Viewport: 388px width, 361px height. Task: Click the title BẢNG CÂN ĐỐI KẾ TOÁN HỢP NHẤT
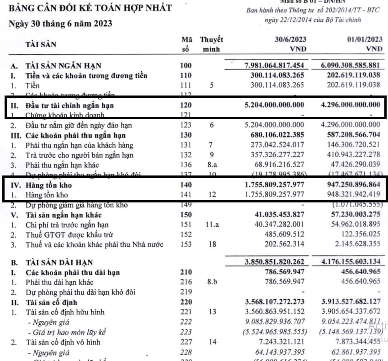[x=90, y=8]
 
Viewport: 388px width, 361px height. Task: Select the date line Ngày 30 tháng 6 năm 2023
[x=60, y=23]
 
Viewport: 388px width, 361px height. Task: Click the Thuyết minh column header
[x=211, y=44]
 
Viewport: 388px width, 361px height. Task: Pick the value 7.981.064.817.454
[x=274, y=66]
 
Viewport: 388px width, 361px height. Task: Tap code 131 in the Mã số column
[x=186, y=145]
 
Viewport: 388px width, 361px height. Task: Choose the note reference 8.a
[x=212, y=165]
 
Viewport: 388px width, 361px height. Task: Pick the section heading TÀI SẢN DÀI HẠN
[x=59, y=262]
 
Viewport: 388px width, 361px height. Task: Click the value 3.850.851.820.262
[x=274, y=262]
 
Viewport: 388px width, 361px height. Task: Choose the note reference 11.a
[x=212, y=225]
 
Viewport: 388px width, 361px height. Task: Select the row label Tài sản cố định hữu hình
[x=65, y=312]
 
